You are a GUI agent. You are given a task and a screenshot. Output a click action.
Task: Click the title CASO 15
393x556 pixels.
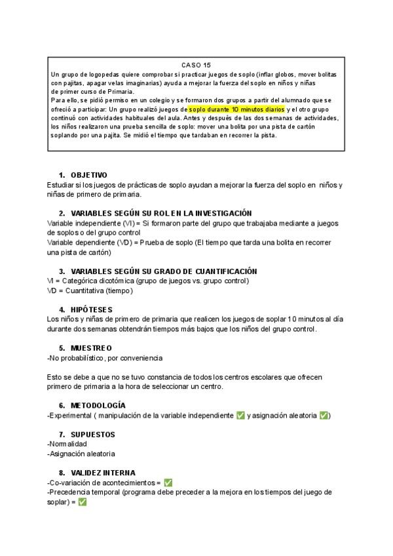tap(196, 65)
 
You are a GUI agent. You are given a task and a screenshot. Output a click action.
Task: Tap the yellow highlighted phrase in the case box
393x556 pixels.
tap(236, 109)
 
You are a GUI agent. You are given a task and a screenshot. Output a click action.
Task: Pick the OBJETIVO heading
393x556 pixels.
tap(88, 175)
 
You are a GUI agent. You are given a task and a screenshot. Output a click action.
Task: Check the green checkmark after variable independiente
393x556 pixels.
tap(240, 416)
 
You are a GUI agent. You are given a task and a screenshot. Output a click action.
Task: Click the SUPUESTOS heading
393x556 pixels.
tap(92, 434)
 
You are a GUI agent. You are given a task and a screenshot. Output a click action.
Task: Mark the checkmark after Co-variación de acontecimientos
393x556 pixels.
tap(168, 483)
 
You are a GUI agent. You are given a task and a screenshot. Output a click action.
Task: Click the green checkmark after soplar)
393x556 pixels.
tap(83, 502)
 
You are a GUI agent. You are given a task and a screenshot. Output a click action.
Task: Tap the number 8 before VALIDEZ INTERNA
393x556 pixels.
tap(61, 472)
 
